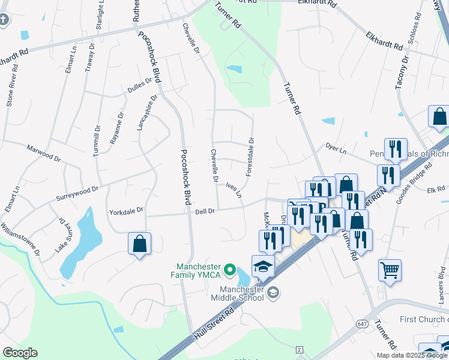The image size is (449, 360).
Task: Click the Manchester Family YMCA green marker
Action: (229, 272)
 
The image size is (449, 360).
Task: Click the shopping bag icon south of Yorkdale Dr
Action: (139, 244)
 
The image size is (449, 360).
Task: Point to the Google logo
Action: (20, 353)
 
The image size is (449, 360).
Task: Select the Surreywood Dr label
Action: (76, 193)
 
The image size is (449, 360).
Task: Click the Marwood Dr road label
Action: (44, 152)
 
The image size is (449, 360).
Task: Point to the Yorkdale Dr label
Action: (127, 211)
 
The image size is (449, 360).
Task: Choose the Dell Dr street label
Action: (205, 211)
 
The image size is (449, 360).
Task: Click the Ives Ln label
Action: (234, 190)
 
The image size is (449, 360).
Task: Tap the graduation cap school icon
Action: (263, 266)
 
